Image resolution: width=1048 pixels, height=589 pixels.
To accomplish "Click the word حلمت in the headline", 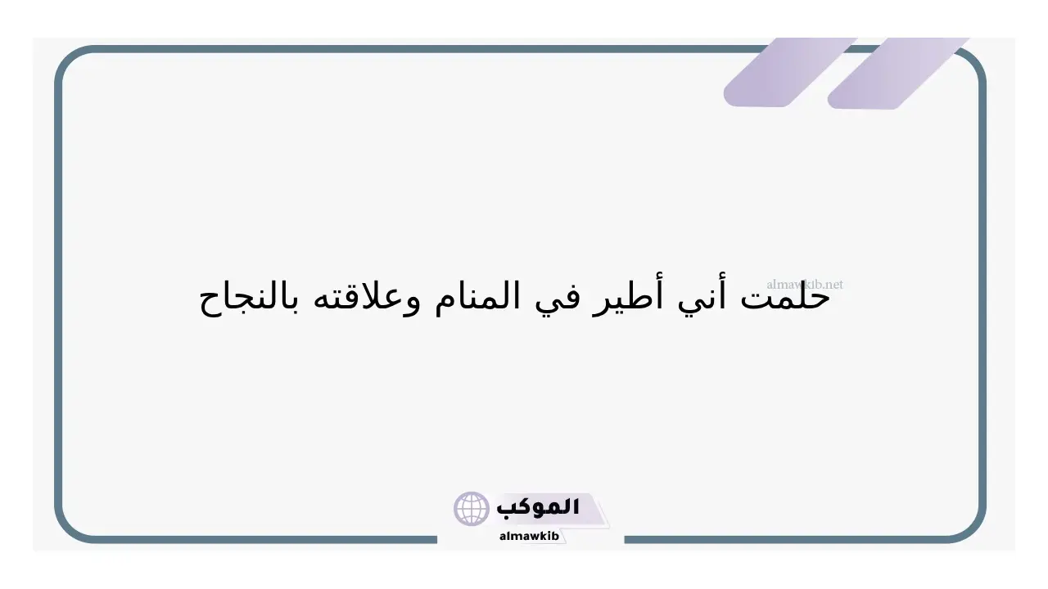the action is coord(785,298).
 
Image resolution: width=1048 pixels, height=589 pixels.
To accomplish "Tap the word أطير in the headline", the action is coord(627,295).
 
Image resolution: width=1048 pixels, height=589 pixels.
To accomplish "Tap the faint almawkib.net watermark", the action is coord(804,284).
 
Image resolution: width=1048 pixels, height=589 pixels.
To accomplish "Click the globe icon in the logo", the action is coord(471,509).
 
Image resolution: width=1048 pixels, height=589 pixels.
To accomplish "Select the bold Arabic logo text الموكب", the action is coord(538,507).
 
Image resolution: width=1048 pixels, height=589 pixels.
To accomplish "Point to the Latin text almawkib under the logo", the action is coord(529,536).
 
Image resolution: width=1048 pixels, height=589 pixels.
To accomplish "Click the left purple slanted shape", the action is coord(790,73).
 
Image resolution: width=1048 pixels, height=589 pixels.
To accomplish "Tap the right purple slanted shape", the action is coord(897,74).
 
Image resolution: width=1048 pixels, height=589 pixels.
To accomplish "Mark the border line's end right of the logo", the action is coord(625,540).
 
